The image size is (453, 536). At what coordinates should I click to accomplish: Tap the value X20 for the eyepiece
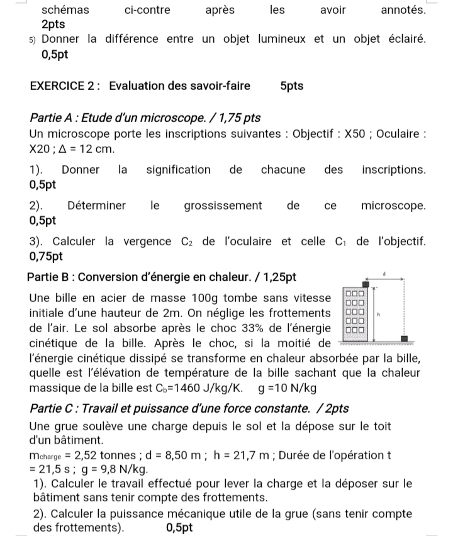pyautogui.click(x=42, y=149)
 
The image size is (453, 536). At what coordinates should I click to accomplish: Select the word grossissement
pyautogui.click(x=223, y=206)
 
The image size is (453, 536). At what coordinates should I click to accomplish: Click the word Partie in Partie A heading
pyautogui.click(x=46, y=118)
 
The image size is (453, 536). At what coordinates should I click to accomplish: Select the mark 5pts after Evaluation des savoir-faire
pyautogui.click(x=291, y=86)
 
